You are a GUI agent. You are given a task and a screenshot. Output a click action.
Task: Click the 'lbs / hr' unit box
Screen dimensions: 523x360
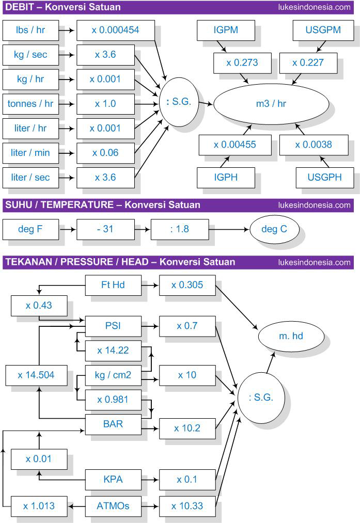click(x=30, y=30)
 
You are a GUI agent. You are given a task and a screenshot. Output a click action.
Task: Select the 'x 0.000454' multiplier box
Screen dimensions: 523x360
click(x=115, y=30)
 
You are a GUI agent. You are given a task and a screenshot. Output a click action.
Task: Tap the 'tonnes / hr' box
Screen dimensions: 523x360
click(x=30, y=104)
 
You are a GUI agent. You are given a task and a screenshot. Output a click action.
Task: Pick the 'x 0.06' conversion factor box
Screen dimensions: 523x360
click(x=105, y=153)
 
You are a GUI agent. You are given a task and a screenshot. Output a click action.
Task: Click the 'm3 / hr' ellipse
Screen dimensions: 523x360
click(x=271, y=104)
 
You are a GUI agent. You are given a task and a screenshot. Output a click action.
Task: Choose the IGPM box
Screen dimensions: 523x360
click(x=226, y=30)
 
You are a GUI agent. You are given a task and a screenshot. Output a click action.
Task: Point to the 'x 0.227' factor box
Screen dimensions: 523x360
click(x=308, y=63)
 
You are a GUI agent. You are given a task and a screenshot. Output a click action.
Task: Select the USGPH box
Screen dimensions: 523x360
click(x=324, y=177)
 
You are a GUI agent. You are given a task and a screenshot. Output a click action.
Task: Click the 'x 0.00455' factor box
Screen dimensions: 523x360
click(x=234, y=145)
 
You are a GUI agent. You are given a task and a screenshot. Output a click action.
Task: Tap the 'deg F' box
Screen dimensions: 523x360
click(x=30, y=229)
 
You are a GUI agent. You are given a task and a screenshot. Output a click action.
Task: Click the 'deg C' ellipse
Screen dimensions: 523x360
click(x=274, y=229)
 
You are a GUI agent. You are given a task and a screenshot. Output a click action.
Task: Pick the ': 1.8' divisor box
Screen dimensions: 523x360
click(x=179, y=229)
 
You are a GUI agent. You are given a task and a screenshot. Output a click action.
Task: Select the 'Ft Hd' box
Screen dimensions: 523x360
click(x=113, y=284)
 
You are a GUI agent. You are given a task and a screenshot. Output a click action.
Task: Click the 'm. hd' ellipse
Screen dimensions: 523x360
click(x=291, y=336)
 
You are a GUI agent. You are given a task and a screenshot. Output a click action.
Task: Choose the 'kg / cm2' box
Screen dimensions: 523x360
click(x=113, y=375)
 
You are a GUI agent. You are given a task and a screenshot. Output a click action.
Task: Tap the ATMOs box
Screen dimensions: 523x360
click(x=113, y=506)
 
